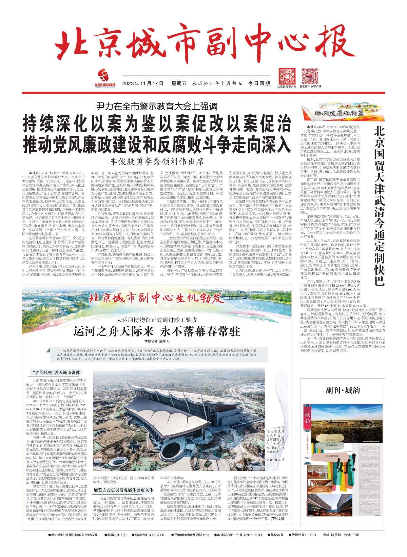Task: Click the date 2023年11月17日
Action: pyautogui.click(x=143, y=83)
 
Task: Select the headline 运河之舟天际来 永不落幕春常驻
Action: pyautogui.click(x=157, y=331)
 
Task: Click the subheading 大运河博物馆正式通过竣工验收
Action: pyautogui.click(x=157, y=320)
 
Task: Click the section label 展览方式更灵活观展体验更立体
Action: pyautogui.click(x=123, y=490)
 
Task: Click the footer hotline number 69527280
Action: pyautogui.click(x=154, y=535)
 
